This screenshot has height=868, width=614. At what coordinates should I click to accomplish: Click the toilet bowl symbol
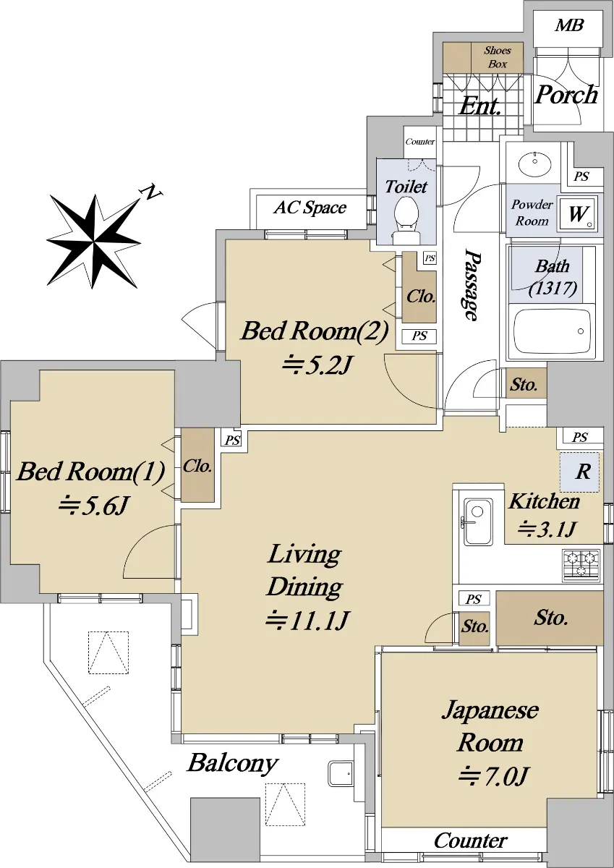(x=406, y=220)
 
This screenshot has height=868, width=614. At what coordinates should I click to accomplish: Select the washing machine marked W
(x=578, y=213)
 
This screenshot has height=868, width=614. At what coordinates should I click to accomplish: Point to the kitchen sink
(x=478, y=522)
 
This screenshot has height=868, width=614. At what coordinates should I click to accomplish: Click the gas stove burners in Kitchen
(x=581, y=565)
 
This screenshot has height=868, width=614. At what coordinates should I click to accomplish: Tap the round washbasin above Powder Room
(x=534, y=163)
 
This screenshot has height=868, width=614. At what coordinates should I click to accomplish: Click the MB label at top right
(x=569, y=25)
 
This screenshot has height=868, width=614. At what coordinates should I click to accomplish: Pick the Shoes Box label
(x=497, y=57)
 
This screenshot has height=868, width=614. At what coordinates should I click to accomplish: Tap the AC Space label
(x=310, y=208)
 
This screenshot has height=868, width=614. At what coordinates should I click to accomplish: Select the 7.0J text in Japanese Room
(x=493, y=775)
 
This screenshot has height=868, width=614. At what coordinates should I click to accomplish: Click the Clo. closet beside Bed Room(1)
(x=197, y=465)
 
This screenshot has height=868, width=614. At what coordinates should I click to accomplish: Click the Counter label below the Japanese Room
(x=470, y=841)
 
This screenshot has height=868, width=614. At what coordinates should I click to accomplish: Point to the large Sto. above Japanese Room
(x=550, y=618)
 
